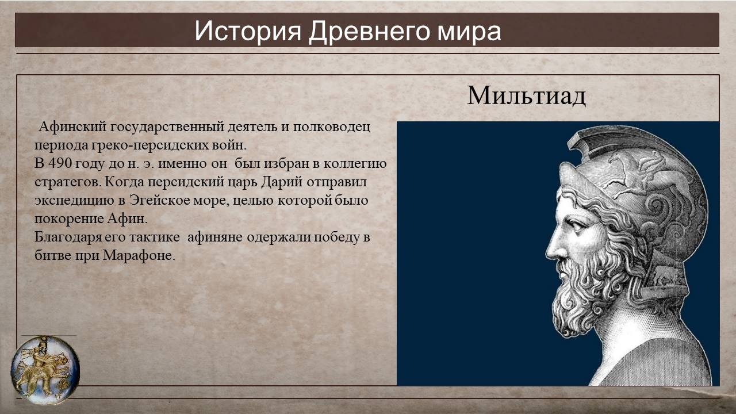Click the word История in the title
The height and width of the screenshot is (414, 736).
point(248,32)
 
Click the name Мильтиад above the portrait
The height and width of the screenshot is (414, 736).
point(526,96)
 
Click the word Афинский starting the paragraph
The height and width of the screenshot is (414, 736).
point(72,126)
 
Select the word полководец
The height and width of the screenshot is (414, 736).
point(332,127)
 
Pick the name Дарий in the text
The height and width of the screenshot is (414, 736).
point(282,182)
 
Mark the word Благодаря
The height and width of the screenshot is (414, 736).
point(68,237)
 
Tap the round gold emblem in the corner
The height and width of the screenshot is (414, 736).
point(45,370)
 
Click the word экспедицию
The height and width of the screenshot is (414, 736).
point(74,201)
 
